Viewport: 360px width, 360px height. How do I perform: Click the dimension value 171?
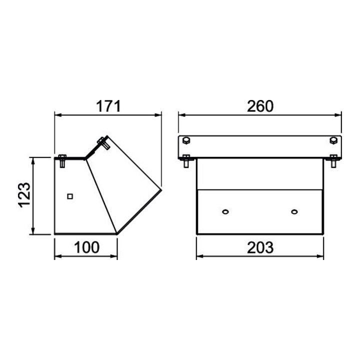[x=108, y=106]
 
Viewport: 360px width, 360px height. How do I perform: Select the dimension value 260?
[x=260, y=106]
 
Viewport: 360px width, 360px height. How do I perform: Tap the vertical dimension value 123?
[x=24, y=195]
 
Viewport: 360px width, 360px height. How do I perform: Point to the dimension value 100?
[x=86, y=247]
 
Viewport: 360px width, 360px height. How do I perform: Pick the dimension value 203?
[x=260, y=247]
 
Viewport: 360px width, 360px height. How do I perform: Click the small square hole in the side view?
[x=70, y=196]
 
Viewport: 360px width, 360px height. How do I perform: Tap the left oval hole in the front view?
[x=225, y=211]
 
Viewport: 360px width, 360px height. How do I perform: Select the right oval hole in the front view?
[x=294, y=211]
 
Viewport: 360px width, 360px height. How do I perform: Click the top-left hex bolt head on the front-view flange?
[x=186, y=140]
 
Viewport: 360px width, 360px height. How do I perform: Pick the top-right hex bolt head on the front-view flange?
[x=333, y=140]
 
